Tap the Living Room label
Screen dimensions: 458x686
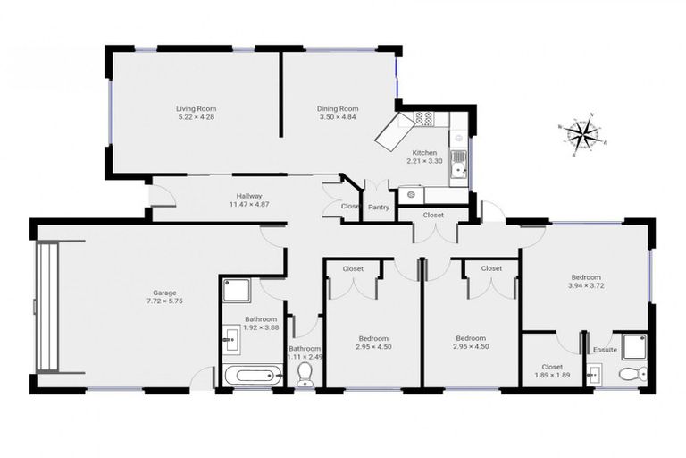pos(196,108)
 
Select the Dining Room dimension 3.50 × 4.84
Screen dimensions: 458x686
pos(338,117)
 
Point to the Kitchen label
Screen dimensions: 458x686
pos(424,153)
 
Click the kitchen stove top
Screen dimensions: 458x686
pos(423,117)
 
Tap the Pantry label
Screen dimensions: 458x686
pos(377,207)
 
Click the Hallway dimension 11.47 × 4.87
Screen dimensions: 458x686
pos(249,204)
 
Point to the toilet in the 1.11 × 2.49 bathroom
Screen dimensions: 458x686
pos(305,372)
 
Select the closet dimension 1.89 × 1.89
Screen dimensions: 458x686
pos(552,375)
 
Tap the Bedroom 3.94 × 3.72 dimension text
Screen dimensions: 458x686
pos(585,286)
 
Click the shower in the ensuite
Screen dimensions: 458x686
pos(634,346)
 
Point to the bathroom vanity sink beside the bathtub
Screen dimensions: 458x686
pos(230,337)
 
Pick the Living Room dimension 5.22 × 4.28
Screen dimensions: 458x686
pos(196,117)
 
